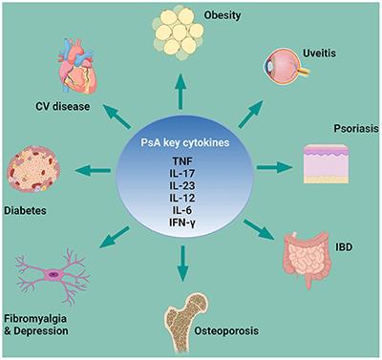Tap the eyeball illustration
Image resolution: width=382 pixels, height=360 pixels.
click(287, 70)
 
